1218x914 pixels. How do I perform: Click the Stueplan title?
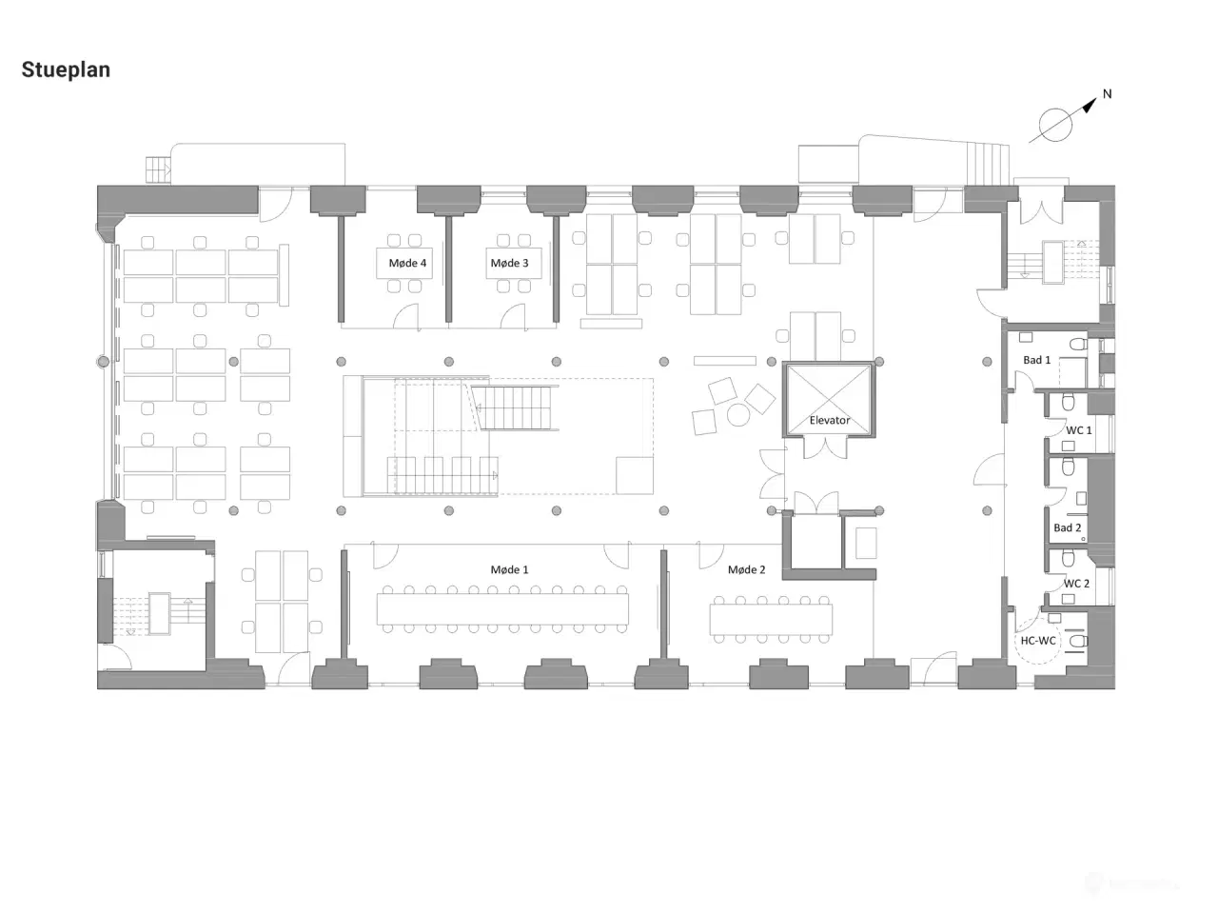pos(66,70)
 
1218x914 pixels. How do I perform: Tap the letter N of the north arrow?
pos(1107,94)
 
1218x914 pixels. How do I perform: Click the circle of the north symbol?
pos(1055,125)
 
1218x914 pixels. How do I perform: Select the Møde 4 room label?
pos(407,263)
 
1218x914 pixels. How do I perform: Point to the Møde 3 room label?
pos(509,263)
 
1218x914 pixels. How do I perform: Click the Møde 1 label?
pos(509,569)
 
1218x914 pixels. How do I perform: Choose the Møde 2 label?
pos(746,569)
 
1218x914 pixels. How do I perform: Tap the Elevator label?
pos(830,420)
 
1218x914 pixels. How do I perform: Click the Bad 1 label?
pos(1036,360)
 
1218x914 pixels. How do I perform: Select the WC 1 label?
pos(1079,430)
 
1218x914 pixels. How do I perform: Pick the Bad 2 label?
pos(1068,527)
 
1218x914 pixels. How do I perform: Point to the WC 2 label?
pos(1076,584)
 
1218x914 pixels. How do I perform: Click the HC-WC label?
pos(1038,641)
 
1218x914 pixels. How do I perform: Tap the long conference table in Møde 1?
pos(502,608)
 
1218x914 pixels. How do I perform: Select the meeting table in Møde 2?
pos(771,619)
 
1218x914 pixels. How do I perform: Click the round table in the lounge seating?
pos(738,415)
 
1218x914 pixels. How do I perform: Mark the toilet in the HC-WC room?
pos(1079,642)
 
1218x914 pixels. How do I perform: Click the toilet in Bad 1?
pos(1079,344)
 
